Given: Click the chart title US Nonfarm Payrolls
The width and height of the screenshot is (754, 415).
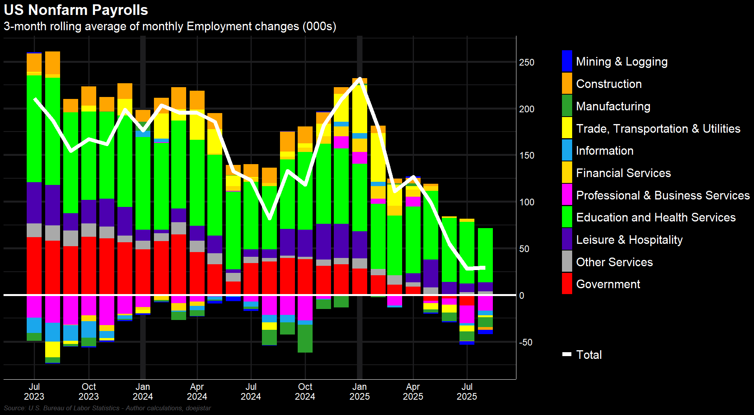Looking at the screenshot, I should (76, 10).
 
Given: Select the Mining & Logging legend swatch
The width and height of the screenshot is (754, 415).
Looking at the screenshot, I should (567, 61).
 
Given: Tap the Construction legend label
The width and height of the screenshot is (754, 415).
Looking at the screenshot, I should (609, 84).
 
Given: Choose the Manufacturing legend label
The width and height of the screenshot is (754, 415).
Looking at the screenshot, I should (613, 106).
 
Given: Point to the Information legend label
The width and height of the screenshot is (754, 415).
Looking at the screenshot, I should (604, 151).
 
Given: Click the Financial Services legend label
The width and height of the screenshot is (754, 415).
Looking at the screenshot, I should (623, 173).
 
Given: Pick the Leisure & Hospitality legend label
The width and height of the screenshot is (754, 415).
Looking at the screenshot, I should (629, 240).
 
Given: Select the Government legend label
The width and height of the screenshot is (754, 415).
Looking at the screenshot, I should (608, 284).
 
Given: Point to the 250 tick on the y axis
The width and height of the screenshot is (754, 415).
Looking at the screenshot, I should (527, 62).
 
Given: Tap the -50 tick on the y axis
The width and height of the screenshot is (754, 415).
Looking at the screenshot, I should (525, 342).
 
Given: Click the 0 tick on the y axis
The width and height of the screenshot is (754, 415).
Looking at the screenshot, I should (522, 296).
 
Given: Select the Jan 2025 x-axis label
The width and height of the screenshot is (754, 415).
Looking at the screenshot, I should (359, 391).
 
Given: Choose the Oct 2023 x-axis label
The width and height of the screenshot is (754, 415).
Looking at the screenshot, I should (89, 391).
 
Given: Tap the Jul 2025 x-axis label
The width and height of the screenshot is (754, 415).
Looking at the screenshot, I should (467, 391).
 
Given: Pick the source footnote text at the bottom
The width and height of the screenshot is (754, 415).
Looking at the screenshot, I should (107, 408).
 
